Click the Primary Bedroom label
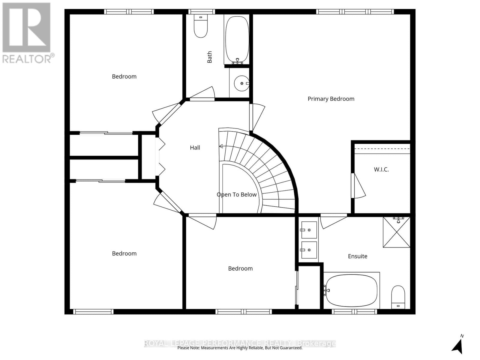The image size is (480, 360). coord(331,99)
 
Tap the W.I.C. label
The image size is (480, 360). coord(381,169)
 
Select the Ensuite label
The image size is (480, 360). coord(357,256)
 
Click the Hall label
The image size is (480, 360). coord(195,148)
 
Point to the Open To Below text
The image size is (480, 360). coord(236,195)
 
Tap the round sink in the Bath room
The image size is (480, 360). coord(241,83)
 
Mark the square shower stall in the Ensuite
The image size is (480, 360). coord(396,232)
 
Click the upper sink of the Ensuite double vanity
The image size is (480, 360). coord(309,230)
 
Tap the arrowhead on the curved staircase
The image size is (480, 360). coord(221,146)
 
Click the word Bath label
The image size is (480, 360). coord(209,57)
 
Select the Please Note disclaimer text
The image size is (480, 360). coord(240,348)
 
